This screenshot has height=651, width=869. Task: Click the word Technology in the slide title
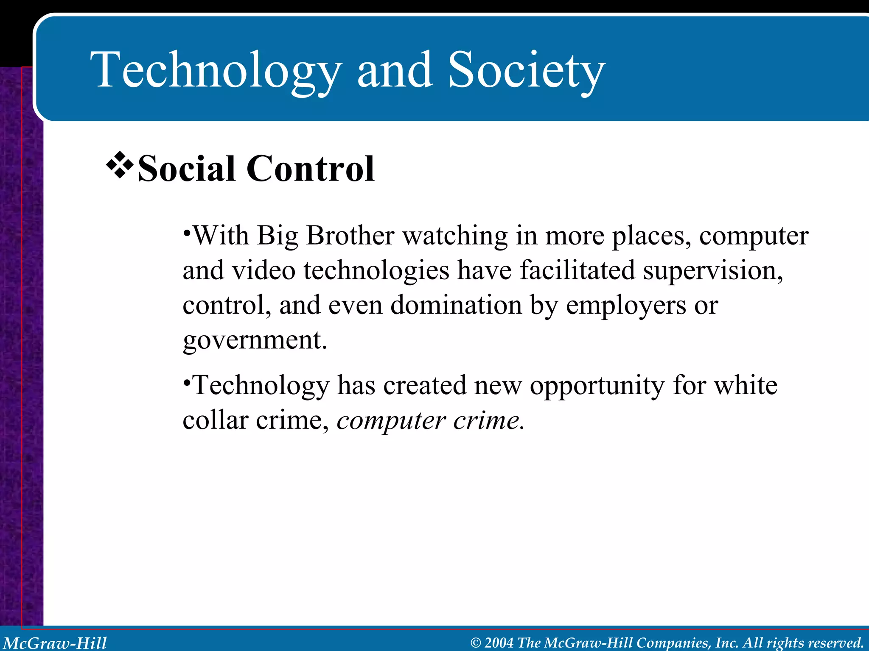coord(216,70)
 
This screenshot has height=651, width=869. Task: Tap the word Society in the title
coord(526,70)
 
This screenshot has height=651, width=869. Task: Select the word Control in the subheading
coord(310,169)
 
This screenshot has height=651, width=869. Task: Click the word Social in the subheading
coord(186,169)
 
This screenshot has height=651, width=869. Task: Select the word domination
coord(456,305)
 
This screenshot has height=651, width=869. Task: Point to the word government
coord(255,340)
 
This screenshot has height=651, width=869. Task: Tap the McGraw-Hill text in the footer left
coord(55,643)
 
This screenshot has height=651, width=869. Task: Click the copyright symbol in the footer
coord(476,643)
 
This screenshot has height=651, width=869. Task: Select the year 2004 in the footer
coord(499,643)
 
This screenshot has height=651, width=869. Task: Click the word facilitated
coord(577,270)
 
